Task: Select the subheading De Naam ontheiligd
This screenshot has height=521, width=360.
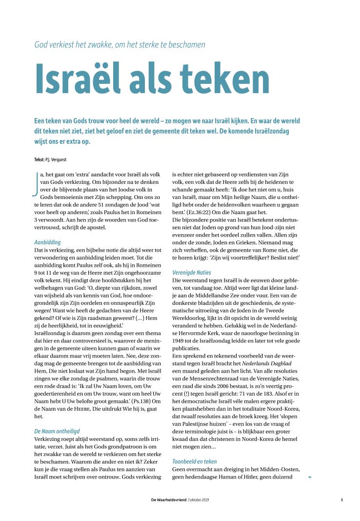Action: point(57,431)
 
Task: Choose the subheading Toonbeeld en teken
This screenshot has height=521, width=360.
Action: point(195,461)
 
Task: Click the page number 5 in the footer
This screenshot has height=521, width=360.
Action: point(341,500)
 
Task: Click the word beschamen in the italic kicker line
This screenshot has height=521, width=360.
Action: point(184,45)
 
